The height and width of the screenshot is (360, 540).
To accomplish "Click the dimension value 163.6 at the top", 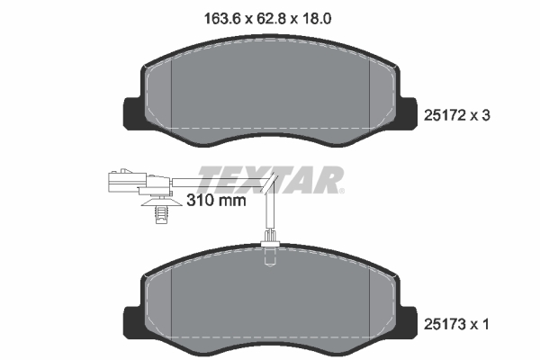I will point(215,15).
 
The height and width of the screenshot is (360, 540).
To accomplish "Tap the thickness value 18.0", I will point(326,15).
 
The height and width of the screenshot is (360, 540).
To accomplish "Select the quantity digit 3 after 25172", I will point(486,114).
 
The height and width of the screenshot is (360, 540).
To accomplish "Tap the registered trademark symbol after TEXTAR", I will point(341,190).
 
